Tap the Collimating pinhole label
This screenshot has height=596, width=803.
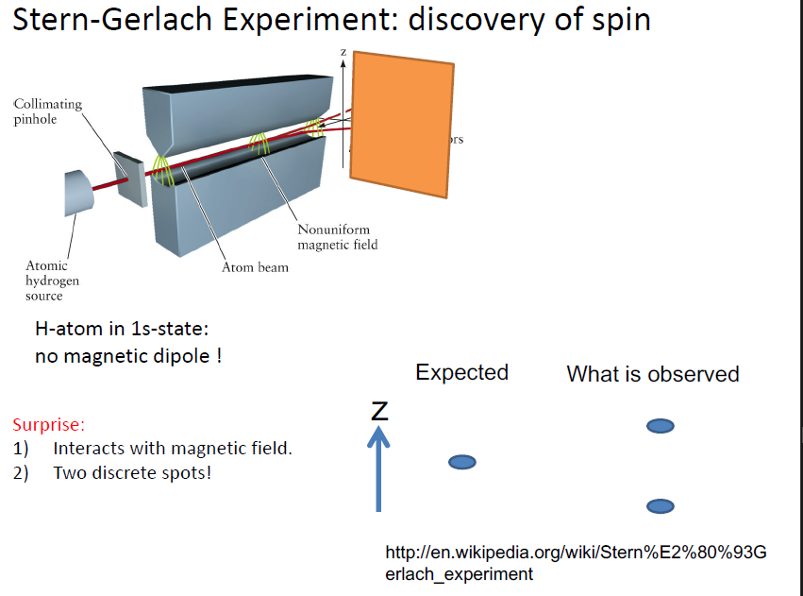tap(48, 111)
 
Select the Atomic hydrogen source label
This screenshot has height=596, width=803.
tap(53, 281)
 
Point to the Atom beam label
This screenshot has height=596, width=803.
tap(255, 267)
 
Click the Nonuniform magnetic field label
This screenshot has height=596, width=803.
tap(337, 237)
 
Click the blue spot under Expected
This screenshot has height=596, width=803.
tap(461, 462)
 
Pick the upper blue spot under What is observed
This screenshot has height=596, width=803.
tap(660, 427)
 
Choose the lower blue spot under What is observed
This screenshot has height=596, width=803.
tap(660, 506)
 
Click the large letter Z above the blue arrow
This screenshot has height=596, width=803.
tap(379, 410)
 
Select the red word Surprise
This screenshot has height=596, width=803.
tap(49, 425)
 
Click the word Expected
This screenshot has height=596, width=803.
tap(461, 372)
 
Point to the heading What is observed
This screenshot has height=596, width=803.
tap(652, 374)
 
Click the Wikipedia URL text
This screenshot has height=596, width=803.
tap(576, 563)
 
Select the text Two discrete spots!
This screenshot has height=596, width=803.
tap(132, 472)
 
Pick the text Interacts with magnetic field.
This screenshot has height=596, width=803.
tap(173, 449)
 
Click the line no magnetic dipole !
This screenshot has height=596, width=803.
tap(128, 357)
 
